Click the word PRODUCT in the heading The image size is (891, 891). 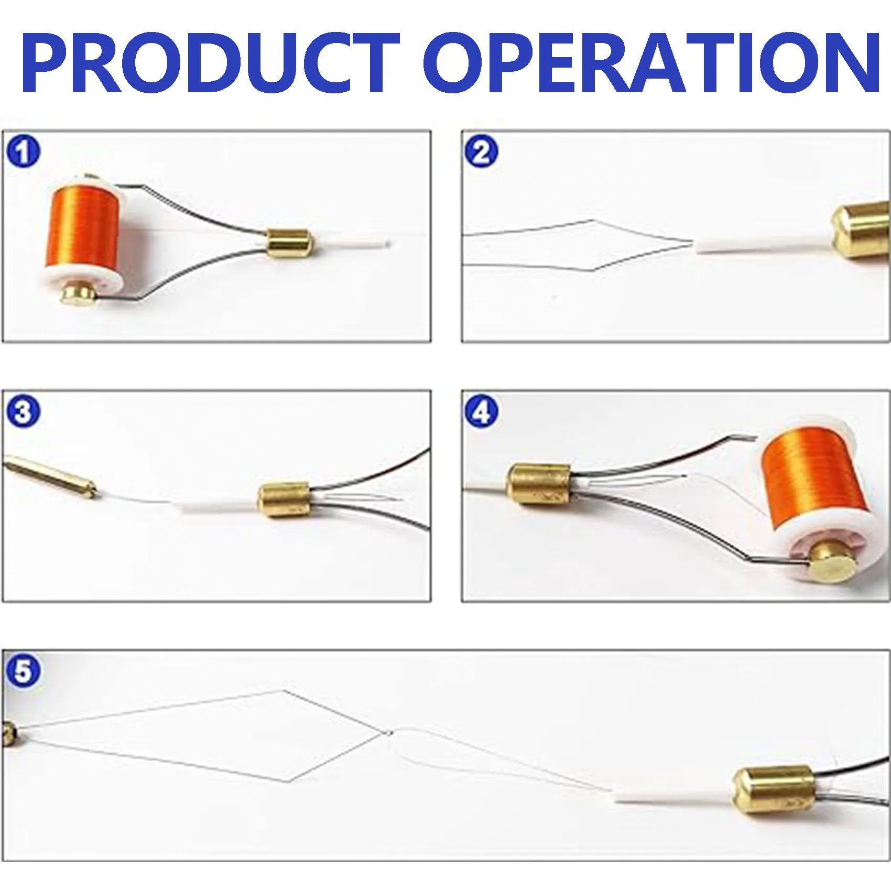[210, 62]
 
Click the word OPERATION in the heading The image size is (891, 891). [651, 62]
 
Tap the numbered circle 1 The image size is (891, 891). [23, 153]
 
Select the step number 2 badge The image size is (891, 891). [482, 153]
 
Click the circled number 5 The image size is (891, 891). [23, 671]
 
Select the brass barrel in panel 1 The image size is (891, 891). [290, 243]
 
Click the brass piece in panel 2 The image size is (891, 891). [862, 231]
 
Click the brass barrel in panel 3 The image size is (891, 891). [285, 501]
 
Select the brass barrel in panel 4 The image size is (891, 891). [539, 485]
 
